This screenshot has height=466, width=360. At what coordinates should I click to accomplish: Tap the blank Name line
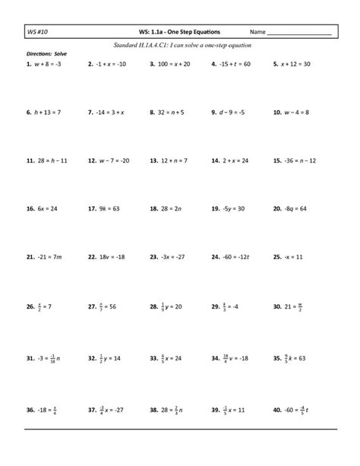pyautogui.click(x=300, y=34)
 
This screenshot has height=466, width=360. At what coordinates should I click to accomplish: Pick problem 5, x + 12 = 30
pyautogui.click(x=297, y=65)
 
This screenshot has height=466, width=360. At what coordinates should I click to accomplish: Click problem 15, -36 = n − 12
pyautogui.click(x=300, y=161)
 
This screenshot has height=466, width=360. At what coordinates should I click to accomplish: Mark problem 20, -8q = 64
pyautogui.click(x=298, y=208)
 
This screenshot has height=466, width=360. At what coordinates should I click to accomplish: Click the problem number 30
pyautogui.click(x=276, y=308)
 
